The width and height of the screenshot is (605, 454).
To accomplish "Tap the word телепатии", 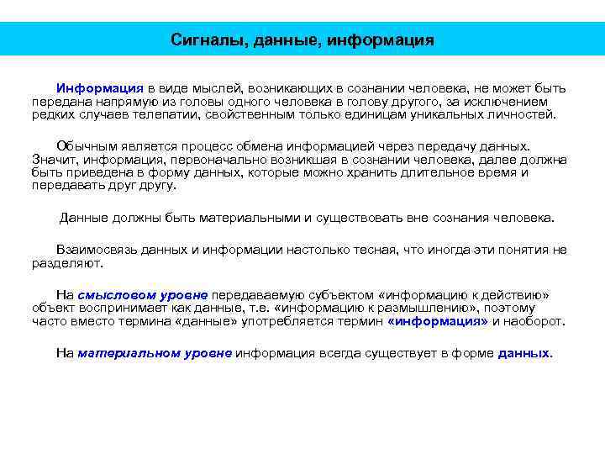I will point(164,114).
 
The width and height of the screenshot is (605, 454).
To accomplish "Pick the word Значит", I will point(51,159).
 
